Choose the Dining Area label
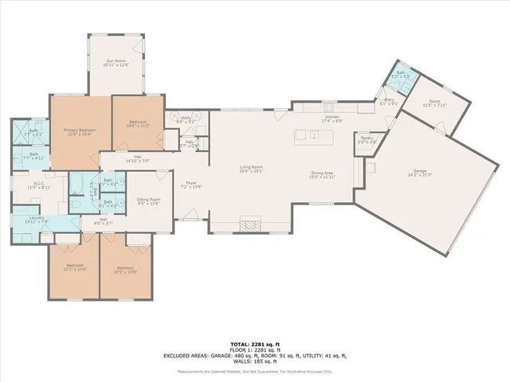pyautogui.click(x=322, y=174)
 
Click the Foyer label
pyautogui.click(x=192, y=184)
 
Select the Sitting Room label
pyautogui.click(x=149, y=202)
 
